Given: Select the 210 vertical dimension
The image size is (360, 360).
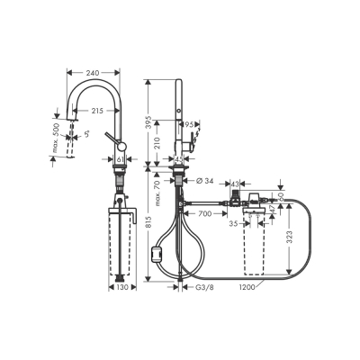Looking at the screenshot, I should click(158, 141).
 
